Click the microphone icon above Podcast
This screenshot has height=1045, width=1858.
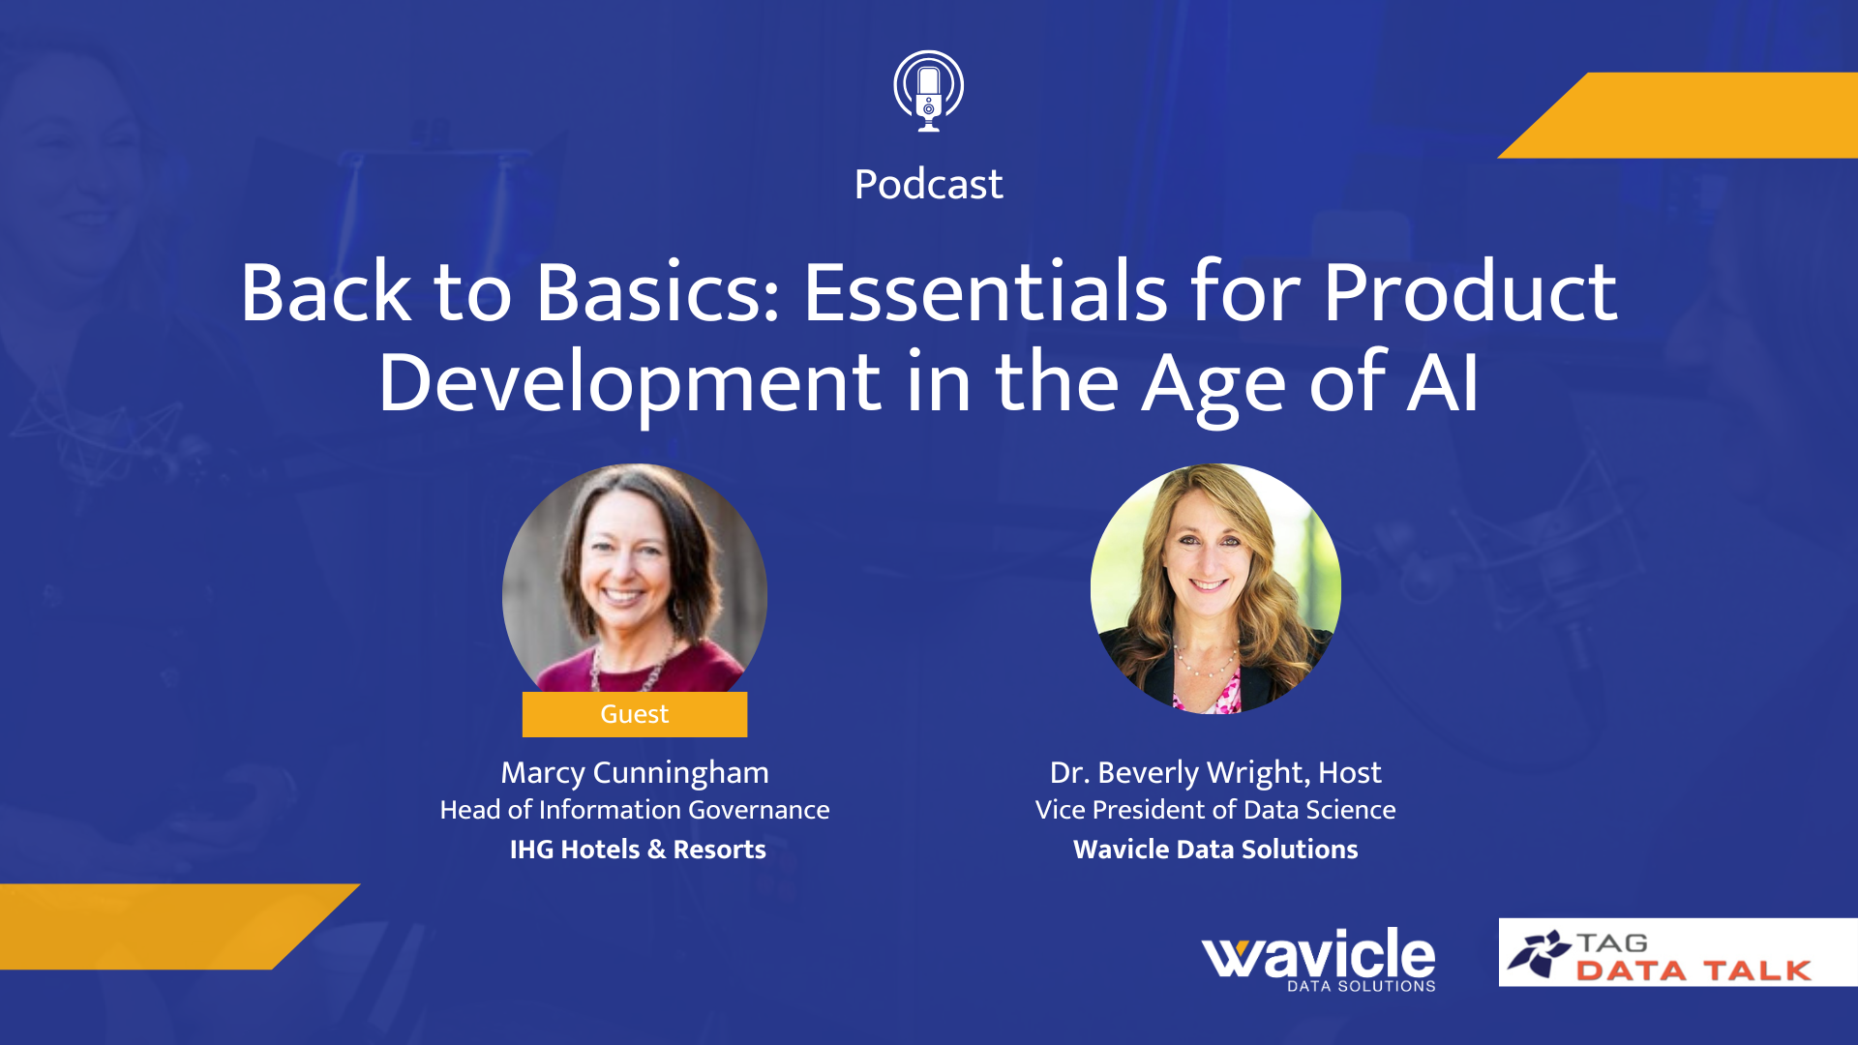(928, 91)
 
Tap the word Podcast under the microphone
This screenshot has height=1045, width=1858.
(928, 184)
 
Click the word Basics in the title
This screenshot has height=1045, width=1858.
(657, 291)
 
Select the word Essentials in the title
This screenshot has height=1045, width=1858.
(985, 291)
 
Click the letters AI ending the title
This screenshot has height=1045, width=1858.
(1443, 383)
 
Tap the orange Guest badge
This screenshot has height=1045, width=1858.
(635, 714)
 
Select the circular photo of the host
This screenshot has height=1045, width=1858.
(1215, 589)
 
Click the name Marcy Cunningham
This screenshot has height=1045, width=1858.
(635, 772)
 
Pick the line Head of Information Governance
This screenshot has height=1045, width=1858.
(635, 810)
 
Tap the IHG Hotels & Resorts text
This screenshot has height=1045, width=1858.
(638, 850)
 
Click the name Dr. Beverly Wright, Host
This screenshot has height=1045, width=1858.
(1215, 772)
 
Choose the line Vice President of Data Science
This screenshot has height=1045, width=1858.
(1215, 810)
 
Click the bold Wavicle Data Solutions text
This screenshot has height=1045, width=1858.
(1215, 850)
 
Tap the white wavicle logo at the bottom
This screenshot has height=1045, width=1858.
(1319, 959)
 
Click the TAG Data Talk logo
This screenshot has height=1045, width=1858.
(1678, 953)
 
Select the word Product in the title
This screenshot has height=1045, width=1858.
(1470, 291)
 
